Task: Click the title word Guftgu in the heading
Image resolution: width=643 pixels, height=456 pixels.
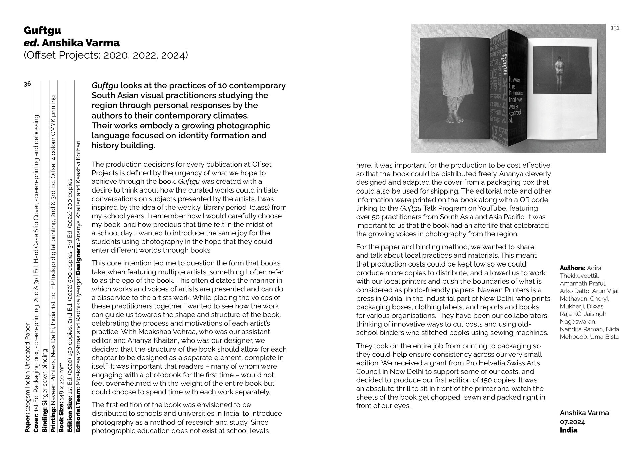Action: click(42, 30)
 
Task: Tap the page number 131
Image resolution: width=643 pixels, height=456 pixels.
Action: click(615, 28)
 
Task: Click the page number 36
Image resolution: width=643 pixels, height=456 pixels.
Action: click(27, 84)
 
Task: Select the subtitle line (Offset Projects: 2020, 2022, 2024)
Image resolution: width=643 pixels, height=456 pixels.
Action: click(105, 55)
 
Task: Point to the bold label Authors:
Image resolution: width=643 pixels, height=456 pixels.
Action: click(572, 268)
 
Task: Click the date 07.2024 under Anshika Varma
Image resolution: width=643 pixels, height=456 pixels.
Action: click(572, 422)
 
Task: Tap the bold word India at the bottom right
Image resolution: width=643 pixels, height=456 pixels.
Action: click(568, 430)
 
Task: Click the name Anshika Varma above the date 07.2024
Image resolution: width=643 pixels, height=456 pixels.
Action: click(584, 413)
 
